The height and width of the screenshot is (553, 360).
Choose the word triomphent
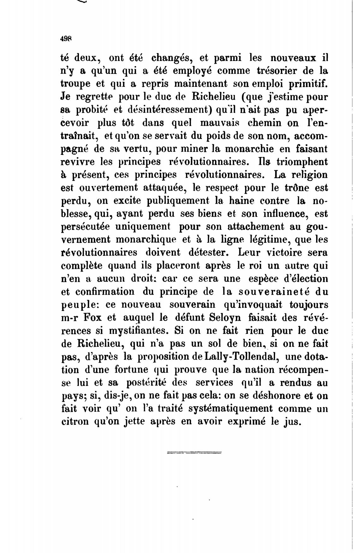(x=302, y=162)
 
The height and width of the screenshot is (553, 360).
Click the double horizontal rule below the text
(x=194, y=453)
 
